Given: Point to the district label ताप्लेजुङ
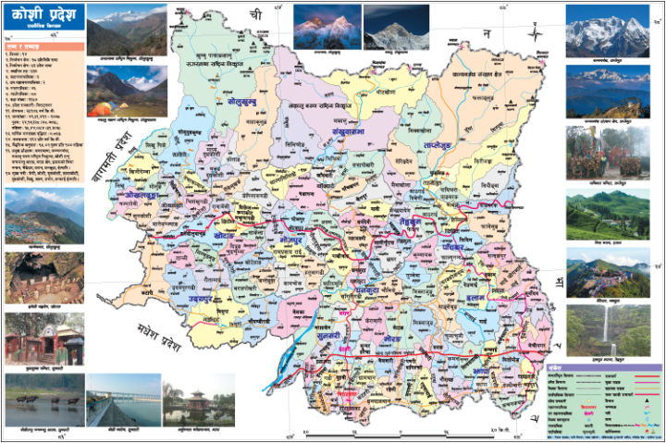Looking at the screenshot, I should click(435, 146).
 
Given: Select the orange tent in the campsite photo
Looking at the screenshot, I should click(99, 108).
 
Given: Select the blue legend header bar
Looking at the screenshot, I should click(603, 368).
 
